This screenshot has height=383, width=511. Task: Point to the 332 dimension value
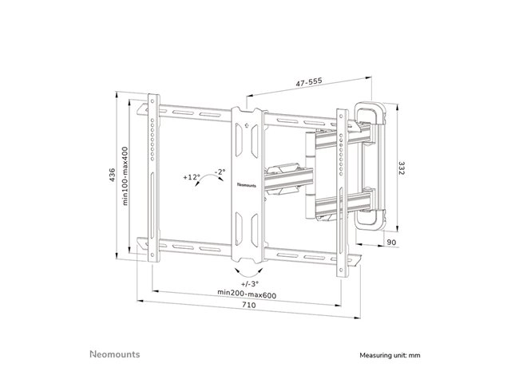point(402,171)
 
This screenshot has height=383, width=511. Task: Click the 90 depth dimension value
point(392,243)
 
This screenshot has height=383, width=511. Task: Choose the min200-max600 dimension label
point(244,293)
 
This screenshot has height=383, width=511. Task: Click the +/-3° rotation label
point(244,283)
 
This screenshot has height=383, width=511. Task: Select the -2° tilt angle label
point(220,171)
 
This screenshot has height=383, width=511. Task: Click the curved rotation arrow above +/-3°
point(244,272)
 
